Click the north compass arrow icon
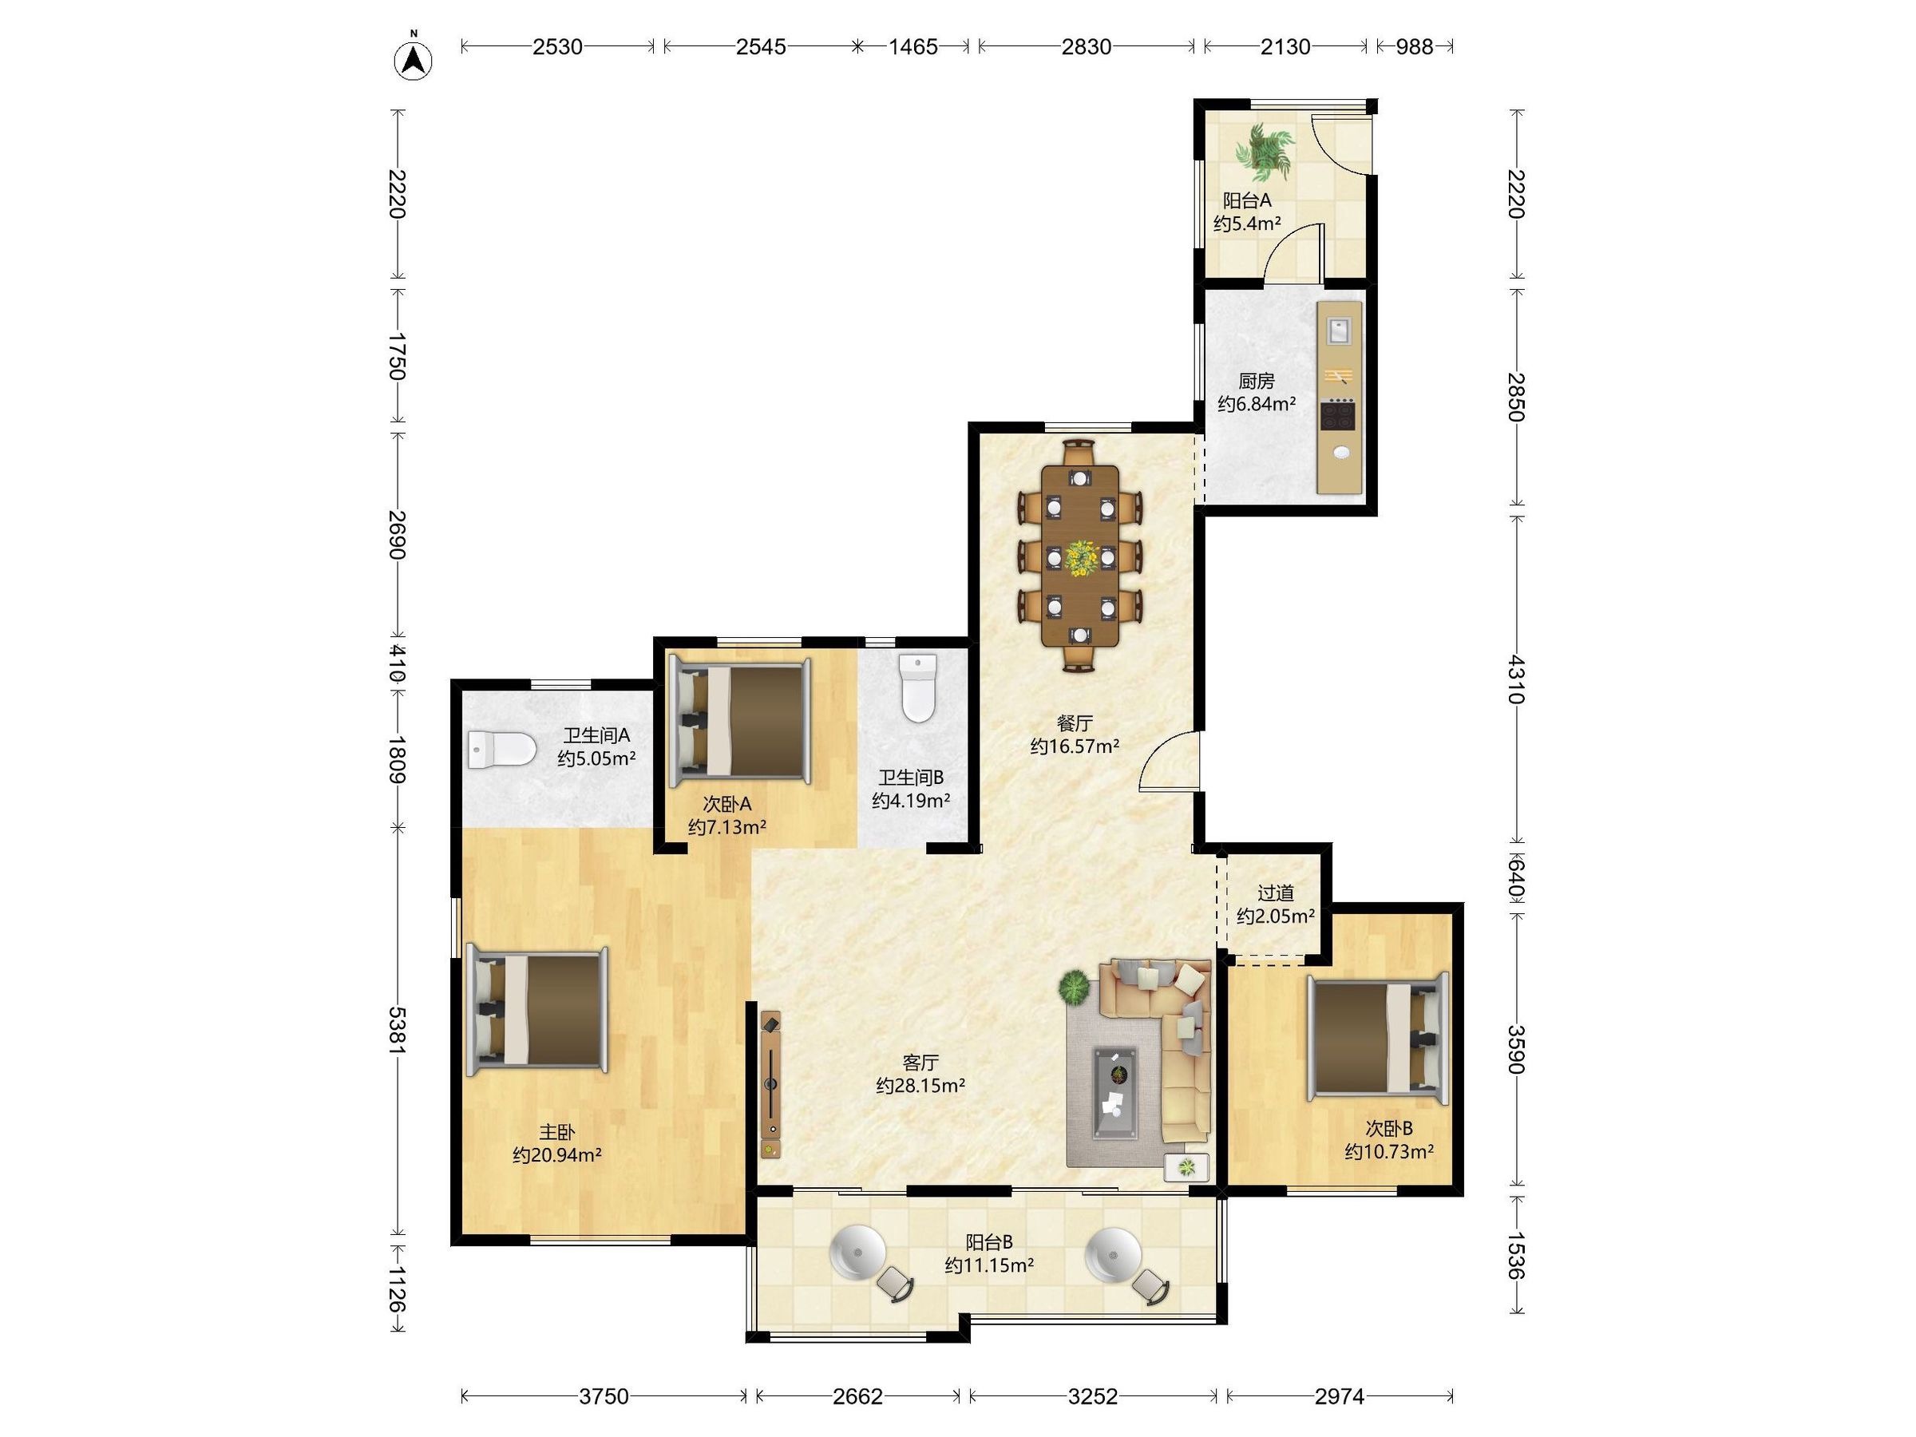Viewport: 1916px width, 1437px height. pyautogui.click(x=414, y=60)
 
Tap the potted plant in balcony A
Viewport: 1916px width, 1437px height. pyautogui.click(x=1265, y=148)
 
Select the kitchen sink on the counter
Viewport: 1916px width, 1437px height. pyautogui.click(x=1338, y=331)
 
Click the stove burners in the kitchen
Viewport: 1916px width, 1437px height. pyautogui.click(x=1338, y=415)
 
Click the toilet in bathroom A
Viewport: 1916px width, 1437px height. pyautogui.click(x=501, y=750)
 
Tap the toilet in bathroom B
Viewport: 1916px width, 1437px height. pyautogui.click(x=919, y=689)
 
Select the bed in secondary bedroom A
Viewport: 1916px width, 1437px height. pyautogui.click(x=741, y=720)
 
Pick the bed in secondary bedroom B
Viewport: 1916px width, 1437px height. pyautogui.click(x=1378, y=1039)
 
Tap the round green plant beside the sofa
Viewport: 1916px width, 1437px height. pyautogui.click(x=1074, y=987)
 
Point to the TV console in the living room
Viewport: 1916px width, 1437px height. pyautogui.click(x=771, y=1083)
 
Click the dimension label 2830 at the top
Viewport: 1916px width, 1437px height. pyautogui.click(x=1087, y=47)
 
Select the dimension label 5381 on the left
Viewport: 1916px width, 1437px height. pyautogui.click(x=397, y=1030)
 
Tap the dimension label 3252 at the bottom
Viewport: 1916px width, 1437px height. pyautogui.click(x=1092, y=1395)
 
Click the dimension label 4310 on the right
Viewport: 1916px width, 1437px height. pyautogui.click(x=1516, y=679)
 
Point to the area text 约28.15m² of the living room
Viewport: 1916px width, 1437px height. pyautogui.click(x=920, y=1085)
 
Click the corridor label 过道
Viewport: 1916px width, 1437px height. pyautogui.click(x=1276, y=893)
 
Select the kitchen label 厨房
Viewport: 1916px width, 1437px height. pyautogui.click(x=1256, y=380)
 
